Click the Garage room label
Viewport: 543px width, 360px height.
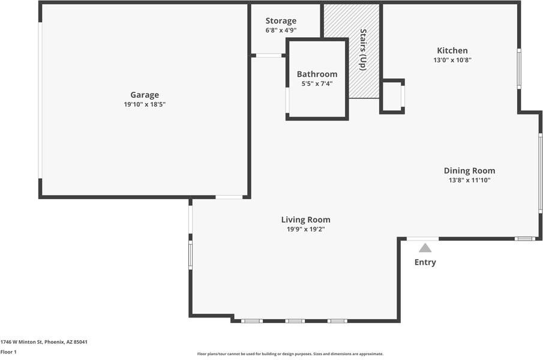point(145,95)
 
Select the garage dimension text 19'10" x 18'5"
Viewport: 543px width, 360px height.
point(145,104)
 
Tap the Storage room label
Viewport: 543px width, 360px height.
point(281,21)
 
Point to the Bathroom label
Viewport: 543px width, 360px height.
point(317,74)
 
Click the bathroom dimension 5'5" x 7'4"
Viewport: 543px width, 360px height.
point(317,84)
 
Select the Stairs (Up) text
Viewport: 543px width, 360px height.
point(363,50)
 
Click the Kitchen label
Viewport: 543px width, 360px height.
point(452,50)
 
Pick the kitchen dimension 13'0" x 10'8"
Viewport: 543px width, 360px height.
point(452,60)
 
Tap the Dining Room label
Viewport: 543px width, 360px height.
point(469,170)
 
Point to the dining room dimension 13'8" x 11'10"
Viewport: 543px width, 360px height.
point(469,180)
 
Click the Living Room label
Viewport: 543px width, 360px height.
point(305,220)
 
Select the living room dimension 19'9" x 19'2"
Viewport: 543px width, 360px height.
point(305,229)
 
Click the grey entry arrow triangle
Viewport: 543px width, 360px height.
point(425,248)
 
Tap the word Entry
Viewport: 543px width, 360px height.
point(425,262)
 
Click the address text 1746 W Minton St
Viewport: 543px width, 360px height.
point(44,342)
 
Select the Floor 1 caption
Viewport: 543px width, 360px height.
point(8,352)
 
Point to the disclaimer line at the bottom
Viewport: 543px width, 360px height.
point(290,354)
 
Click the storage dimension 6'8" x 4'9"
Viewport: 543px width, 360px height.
point(281,30)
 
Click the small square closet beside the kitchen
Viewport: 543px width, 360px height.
point(392,96)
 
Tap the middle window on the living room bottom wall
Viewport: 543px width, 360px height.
point(295,321)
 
